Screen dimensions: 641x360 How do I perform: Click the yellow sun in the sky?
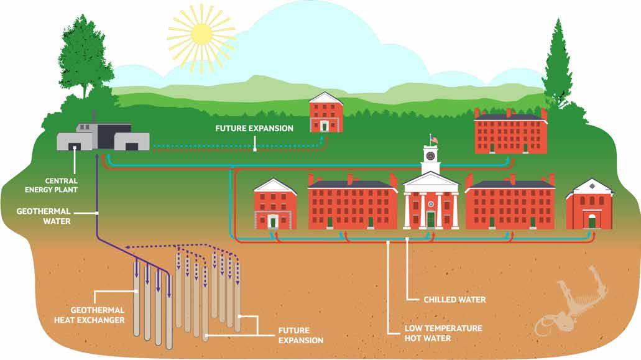pyautogui.click(x=201, y=35)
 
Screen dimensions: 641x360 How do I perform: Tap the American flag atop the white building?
pyautogui.click(x=434, y=138)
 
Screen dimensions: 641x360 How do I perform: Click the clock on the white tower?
pyautogui.click(x=430, y=154)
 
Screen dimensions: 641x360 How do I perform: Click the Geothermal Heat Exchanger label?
pyautogui.click(x=98, y=315)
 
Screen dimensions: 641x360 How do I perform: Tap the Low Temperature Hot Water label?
pyautogui.click(x=435, y=333)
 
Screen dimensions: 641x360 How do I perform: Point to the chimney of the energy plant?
pyautogui.click(x=93, y=117)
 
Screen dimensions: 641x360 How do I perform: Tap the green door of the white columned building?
pyautogui.click(x=430, y=219)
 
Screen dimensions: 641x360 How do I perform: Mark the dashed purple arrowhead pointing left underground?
pyautogui.click(x=128, y=247)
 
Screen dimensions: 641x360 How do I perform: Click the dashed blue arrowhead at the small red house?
pyautogui.click(x=323, y=140)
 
